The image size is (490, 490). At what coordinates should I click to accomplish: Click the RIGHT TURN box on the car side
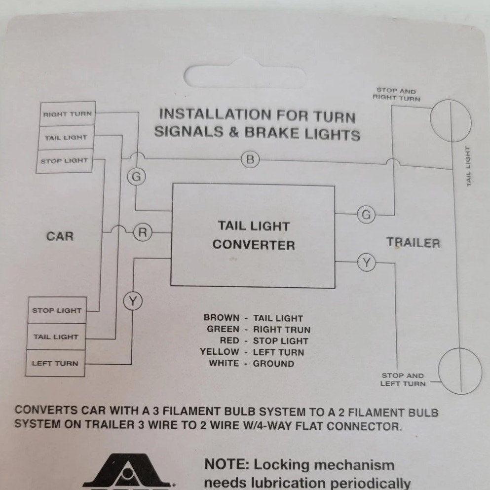(x=67, y=114)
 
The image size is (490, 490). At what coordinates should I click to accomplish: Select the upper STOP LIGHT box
(x=64, y=161)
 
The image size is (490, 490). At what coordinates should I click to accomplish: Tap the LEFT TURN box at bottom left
(x=55, y=364)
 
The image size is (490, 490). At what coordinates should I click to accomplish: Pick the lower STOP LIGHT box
(x=56, y=310)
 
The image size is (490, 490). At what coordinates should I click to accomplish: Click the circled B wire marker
(x=250, y=159)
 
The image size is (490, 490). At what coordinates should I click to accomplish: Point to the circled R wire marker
(x=142, y=232)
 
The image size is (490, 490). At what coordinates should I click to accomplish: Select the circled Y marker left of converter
(x=132, y=301)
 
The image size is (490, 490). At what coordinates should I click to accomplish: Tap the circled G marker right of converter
(x=366, y=215)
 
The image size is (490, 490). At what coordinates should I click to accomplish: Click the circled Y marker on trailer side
(x=366, y=263)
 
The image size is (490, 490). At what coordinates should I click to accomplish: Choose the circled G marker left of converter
(x=136, y=177)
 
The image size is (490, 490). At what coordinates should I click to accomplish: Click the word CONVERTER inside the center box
(x=254, y=245)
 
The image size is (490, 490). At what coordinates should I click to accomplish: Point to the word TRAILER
(x=413, y=243)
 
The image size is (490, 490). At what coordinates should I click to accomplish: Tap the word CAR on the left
(x=60, y=236)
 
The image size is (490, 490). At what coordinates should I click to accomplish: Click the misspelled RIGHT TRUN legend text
(x=281, y=330)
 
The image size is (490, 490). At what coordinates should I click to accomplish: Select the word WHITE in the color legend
(x=224, y=364)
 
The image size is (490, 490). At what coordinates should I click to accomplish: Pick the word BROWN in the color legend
(x=222, y=318)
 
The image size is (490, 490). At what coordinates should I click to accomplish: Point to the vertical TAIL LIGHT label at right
(x=469, y=166)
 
